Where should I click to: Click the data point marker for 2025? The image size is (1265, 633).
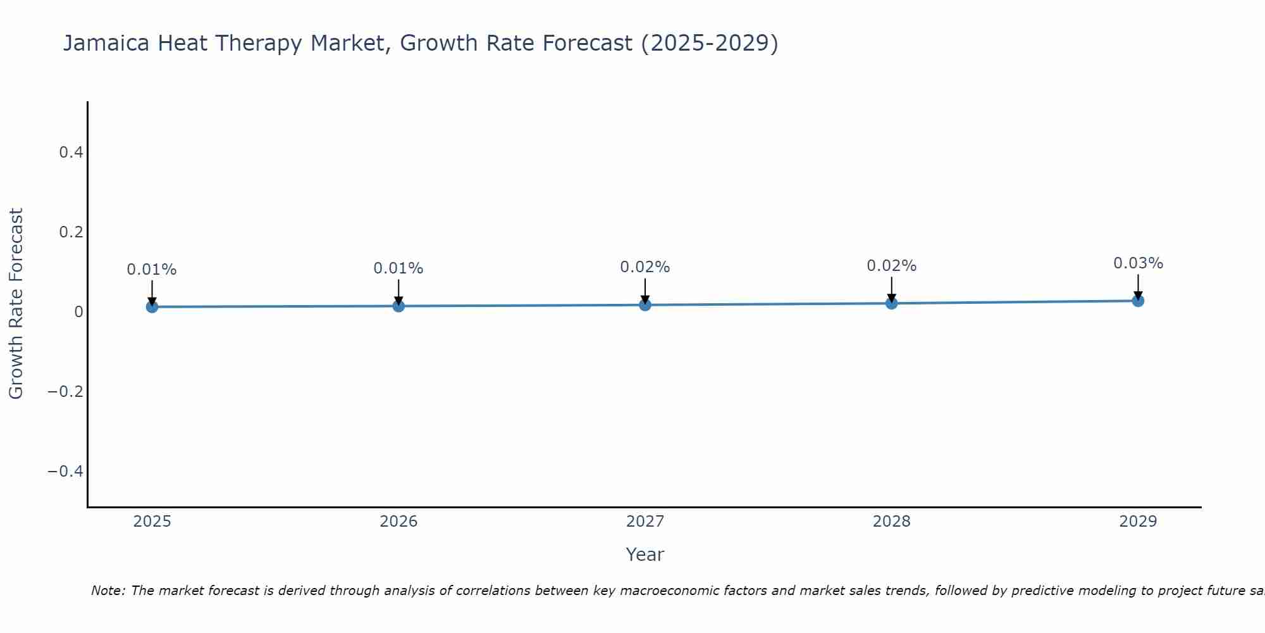pyautogui.click(x=152, y=307)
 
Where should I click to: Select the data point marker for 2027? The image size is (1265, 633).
pyautogui.click(x=645, y=305)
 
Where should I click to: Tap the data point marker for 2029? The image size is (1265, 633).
pyautogui.click(x=1138, y=301)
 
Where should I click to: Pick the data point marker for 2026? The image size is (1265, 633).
pyautogui.click(x=398, y=306)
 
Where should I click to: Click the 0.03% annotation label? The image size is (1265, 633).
pyautogui.click(x=1138, y=263)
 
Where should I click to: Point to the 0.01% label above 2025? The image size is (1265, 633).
pyautogui.click(x=152, y=270)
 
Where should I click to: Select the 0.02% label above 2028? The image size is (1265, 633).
pyautogui.click(x=891, y=266)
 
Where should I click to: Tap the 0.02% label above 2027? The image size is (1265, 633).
pyautogui.click(x=645, y=267)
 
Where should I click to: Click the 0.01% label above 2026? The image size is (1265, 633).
pyautogui.click(x=398, y=268)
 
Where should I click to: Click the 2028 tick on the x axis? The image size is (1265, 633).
pyautogui.click(x=891, y=522)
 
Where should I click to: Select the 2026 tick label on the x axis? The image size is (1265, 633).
pyautogui.click(x=398, y=522)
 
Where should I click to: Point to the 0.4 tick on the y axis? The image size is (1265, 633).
pyautogui.click(x=71, y=153)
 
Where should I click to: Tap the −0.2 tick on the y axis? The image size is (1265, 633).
pyautogui.click(x=65, y=392)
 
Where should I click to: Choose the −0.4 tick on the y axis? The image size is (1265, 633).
pyautogui.click(x=65, y=472)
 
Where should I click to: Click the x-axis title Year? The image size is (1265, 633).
pyautogui.click(x=645, y=555)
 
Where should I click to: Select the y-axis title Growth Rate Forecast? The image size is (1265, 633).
pyautogui.click(x=16, y=303)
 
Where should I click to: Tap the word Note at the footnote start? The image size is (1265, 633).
pyautogui.click(x=108, y=591)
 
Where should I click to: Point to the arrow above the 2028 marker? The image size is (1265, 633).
pyautogui.click(x=891, y=290)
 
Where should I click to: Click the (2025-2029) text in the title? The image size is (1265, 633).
pyautogui.click(x=709, y=44)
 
